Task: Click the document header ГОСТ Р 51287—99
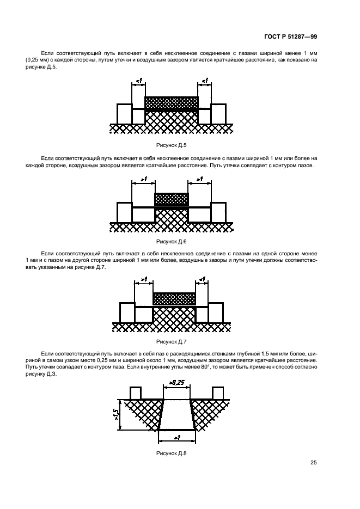click(290, 36)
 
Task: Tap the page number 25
click(314, 462)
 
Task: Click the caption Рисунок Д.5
click(172, 145)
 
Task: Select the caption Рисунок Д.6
click(172, 242)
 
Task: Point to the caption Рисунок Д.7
click(172, 341)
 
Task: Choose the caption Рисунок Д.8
click(172, 453)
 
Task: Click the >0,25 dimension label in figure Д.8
click(176, 383)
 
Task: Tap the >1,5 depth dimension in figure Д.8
click(116, 414)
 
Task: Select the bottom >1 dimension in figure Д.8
click(177, 438)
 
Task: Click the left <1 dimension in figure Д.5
click(139, 81)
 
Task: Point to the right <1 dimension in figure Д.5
click(205, 81)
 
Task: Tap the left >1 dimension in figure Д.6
click(143, 179)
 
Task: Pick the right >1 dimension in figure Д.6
click(200, 179)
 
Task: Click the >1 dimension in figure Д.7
click(144, 279)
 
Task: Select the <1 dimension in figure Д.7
click(202, 279)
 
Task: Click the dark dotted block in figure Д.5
click(172, 102)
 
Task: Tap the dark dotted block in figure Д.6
click(172, 199)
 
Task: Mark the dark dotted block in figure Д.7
click(174, 299)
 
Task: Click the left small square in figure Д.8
click(136, 393)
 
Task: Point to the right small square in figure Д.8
click(218, 393)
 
